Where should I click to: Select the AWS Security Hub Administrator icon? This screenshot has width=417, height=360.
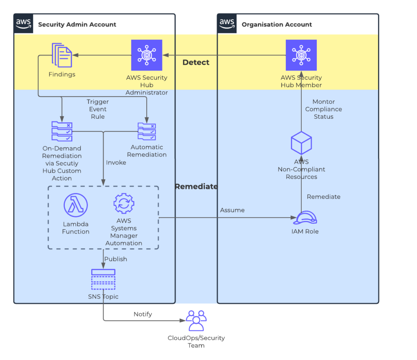pyautogui.click(x=147, y=55)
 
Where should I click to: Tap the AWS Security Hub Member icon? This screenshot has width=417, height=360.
pyautogui.click(x=301, y=55)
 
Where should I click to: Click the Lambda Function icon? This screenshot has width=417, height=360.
pyautogui.click(x=76, y=205)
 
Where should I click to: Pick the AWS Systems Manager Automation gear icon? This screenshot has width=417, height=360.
pyautogui.click(x=123, y=204)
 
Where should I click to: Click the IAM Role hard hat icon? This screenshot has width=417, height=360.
pyautogui.click(x=305, y=218)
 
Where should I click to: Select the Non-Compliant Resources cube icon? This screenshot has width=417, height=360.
pyautogui.click(x=301, y=143)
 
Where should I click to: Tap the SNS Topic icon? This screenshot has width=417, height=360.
pyautogui.click(x=103, y=279)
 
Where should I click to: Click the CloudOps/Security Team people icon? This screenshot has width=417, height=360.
pyautogui.click(x=196, y=321)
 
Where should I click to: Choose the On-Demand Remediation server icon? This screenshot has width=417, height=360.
pyautogui.click(x=62, y=131)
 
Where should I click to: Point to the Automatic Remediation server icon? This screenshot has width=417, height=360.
pyautogui.click(x=147, y=131)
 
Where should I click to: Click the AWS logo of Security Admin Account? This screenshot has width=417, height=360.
pyautogui.click(x=24, y=24)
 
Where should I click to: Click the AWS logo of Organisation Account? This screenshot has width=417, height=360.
pyautogui.click(x=227, y=24)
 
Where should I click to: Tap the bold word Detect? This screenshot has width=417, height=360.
pyautogui.click(x=196, y=62)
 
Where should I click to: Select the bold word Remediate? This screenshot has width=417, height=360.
pyautogui.click(x=196, y=186)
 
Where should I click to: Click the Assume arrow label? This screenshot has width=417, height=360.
pyautogui.click(x=232, y=210)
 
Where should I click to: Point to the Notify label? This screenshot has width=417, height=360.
pyautogui.click(x=143, y=314)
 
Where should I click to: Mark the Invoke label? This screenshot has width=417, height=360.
pyautogui.click(x=116, y=162)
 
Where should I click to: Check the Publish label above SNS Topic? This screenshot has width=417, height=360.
pyautogui.click(x=116, y=259)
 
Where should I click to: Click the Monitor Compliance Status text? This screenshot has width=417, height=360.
pyautogui.click(x=323, y=109)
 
